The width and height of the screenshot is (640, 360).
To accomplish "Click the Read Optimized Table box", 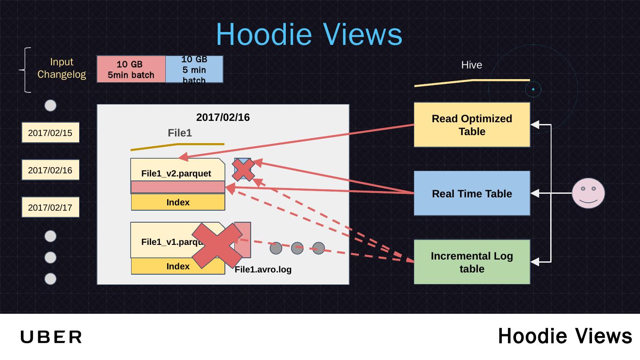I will [472, 125].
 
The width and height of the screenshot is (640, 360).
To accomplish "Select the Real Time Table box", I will [472, 193].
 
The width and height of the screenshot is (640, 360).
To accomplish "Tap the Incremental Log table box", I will [472, 262].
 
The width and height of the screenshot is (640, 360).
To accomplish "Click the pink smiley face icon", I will [588, 193].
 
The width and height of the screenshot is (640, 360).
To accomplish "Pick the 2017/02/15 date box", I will [50, 132].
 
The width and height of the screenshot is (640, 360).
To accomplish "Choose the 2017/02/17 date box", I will [50, 207].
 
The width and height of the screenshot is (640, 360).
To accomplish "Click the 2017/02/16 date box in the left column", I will [50, 170].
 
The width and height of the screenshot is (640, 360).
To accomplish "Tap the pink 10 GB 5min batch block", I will [131, 69].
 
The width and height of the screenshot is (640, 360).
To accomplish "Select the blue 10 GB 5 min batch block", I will [194, 69].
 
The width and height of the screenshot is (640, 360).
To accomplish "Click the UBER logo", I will [51, 337].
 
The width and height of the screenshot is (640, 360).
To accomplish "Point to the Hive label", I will [472, 65].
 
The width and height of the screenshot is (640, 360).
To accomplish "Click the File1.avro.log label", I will [263, 269].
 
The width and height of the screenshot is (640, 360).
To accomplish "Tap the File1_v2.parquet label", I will [176, 173].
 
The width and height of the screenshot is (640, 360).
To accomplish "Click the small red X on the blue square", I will [243, 169].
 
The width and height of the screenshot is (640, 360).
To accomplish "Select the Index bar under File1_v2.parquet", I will [178, 202].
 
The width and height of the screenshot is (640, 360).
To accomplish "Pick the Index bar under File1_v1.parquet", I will [178, 266].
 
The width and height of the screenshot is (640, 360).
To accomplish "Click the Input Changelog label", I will [61, 68].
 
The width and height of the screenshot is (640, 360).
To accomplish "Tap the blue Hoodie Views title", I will [309, 34].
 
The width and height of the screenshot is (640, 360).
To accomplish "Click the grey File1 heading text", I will [180, 133].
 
